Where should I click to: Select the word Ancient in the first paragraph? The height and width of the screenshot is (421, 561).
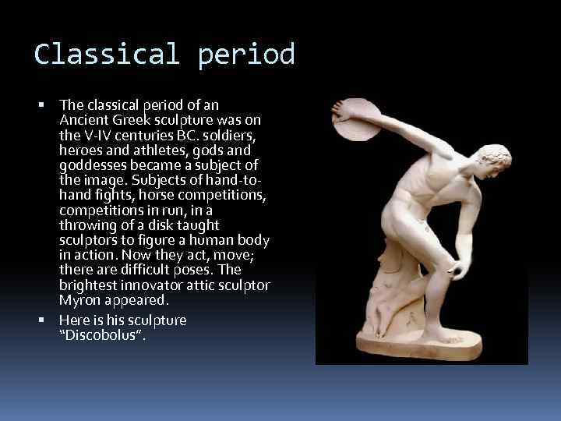(x=83, y=120)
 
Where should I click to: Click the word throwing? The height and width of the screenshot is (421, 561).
(x=88, y=225)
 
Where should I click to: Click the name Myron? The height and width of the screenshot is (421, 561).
(x=79, y=300)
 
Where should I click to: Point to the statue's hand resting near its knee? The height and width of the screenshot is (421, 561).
(x=459, y=268)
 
